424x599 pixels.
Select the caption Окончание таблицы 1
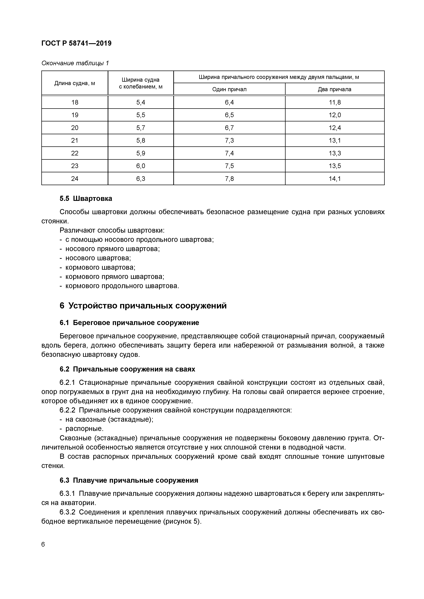click(75, 63)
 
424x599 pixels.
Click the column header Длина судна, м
click(75, 83)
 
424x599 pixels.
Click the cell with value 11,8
click(335, 102)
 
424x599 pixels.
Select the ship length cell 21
click(75, 141)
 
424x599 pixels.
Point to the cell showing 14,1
click(335, 179)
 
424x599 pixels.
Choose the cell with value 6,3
click(141, 179)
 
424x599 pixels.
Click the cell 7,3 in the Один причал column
click(229, 141)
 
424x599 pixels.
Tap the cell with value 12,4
click(335, 128)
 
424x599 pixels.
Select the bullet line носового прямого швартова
click(112, 249)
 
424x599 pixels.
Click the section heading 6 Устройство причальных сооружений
click(143, 306)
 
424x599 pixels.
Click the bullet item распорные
click(84, 429)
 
